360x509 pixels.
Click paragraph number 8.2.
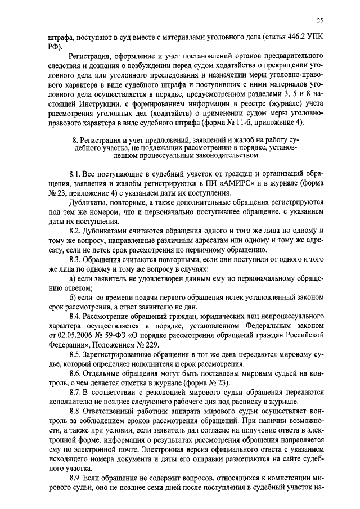tap(76, 231)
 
